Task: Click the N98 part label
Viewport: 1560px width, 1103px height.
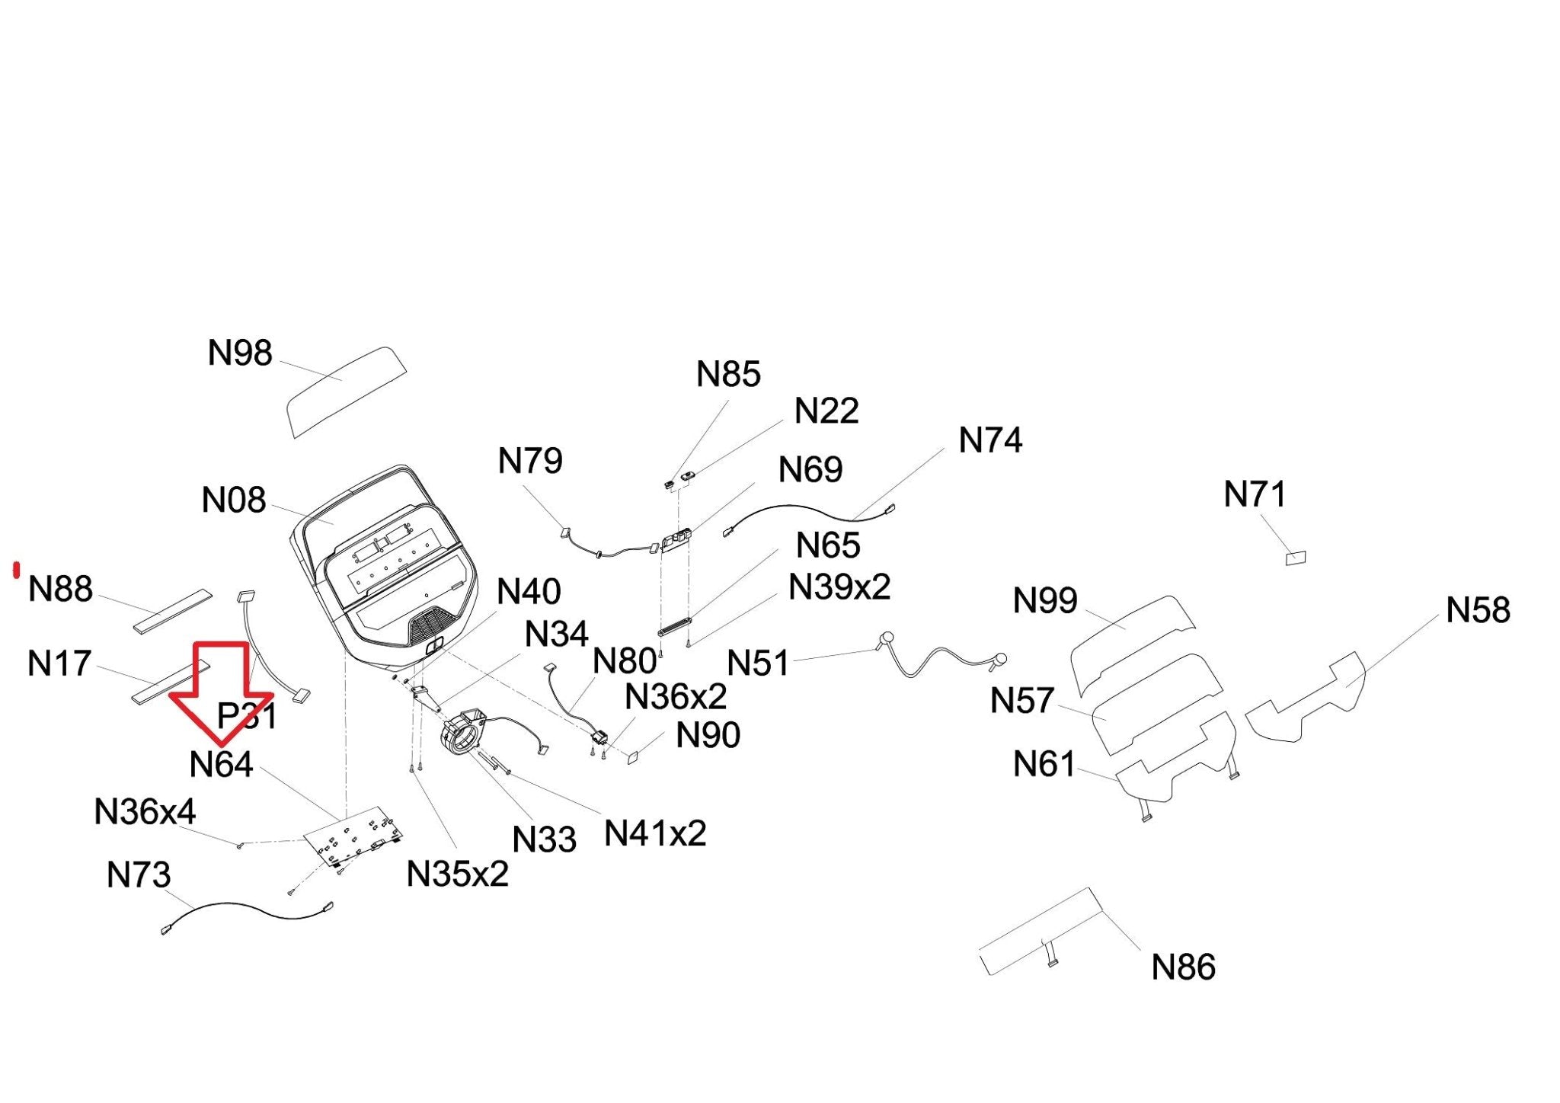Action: click(x=240, y=353)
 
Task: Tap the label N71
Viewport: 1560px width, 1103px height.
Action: click(x=1255, y=494)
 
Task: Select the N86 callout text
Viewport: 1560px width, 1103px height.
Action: click(x=1183, y=967)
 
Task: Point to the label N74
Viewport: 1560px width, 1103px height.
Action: click(x=990, y=440)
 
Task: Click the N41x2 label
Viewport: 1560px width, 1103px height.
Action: click(x=655, y=833)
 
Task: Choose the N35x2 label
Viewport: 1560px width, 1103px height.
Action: click(x=458, y=874)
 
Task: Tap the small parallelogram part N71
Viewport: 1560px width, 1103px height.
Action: click(x=1295, y=558)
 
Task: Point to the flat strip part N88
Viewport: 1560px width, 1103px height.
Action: click(x=173, y=610)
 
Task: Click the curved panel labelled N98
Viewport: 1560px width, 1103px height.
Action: click(x=346, y=392)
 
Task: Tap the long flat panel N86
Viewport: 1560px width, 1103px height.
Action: click(x=1041, y=932)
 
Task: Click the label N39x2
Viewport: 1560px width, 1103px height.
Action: click(x=839, y=587)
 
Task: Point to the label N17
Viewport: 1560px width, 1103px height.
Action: click(x=59, y=663)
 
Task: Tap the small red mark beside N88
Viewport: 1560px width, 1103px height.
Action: click(x=16, y=570)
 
